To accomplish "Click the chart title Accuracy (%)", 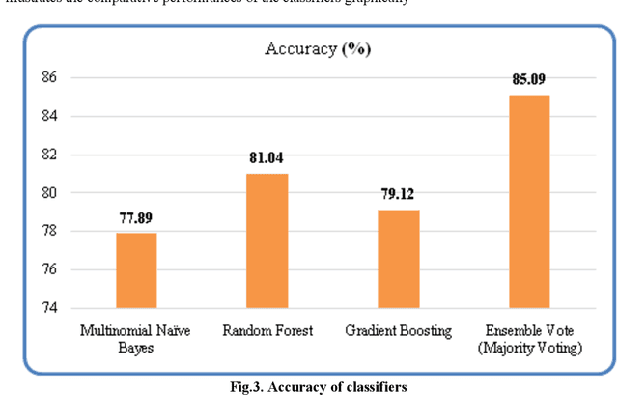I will click(x=318, y=49).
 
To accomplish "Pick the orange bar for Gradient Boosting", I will click(x=399, y=259).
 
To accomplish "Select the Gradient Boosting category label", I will click(x=399, y=331).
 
